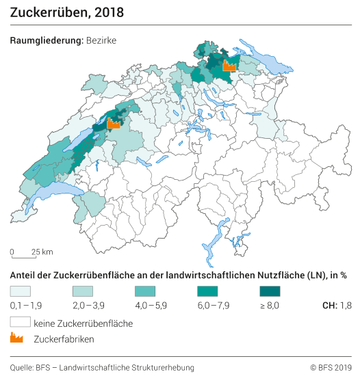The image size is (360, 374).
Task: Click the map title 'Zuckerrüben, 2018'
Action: tap(57, 13)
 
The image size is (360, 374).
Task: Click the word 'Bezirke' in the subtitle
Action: tap(101, 40)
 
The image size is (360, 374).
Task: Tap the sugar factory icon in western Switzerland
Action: tap(114, 124)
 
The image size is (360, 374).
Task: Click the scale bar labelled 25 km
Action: tap(23, 257)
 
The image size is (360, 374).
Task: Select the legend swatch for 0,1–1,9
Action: tap(20, 291)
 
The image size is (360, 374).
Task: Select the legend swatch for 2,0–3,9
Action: tap(82, 291)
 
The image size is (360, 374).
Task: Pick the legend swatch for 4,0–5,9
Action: tap(145, 291)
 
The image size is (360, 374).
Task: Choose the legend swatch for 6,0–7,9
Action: tap(207, 291)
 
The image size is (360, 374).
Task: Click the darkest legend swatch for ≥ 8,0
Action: tap(270, 291)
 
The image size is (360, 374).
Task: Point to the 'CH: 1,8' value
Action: tap(336, 305)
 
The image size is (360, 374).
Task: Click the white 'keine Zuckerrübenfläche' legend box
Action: tap(20, 321)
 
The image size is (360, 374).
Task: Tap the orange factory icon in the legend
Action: tap(17, 338)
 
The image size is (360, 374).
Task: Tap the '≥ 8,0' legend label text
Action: tap(270, 305)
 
